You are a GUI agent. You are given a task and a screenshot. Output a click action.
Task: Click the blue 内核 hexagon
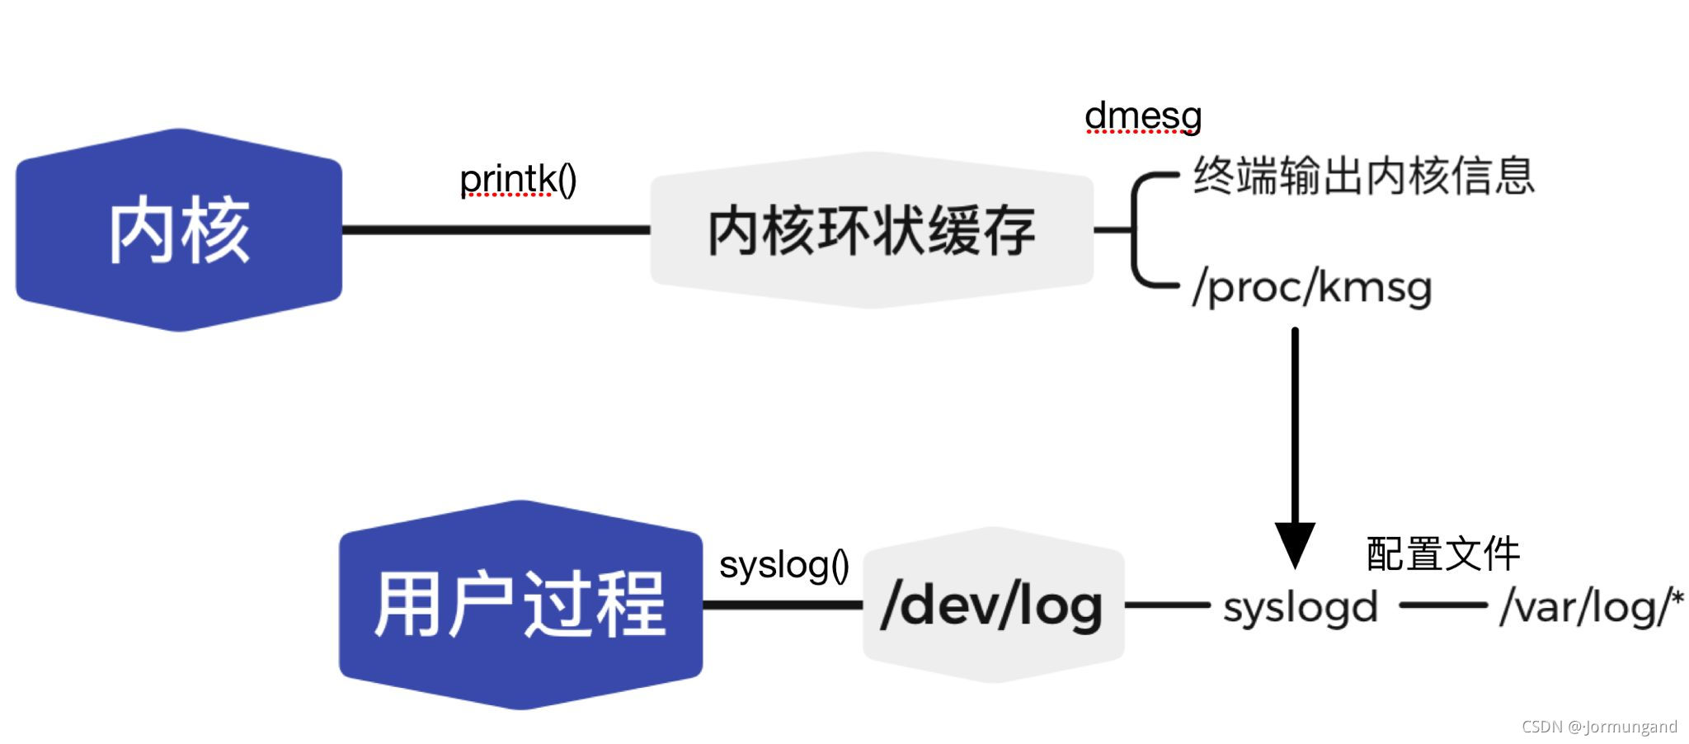[179, 230]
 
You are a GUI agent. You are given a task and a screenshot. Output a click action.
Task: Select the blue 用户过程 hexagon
[520, 605]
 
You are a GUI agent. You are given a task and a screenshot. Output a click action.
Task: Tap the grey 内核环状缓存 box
[872, 230]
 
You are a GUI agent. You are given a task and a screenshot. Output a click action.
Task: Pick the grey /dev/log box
[993, 605]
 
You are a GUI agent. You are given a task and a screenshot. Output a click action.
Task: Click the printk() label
[518, 179]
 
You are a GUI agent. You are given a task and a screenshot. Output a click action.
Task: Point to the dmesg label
[1143, 116]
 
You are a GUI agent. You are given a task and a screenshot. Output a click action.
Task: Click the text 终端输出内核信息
[1363, 176]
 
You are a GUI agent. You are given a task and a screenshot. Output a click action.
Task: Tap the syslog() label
[783, 565]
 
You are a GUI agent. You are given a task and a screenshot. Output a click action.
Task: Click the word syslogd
[1301, 608]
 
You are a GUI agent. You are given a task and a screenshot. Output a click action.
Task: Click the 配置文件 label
[1442, 553]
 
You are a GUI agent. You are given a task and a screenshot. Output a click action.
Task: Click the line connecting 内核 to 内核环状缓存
[496, 230]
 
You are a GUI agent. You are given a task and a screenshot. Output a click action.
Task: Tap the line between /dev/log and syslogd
[1167, 605]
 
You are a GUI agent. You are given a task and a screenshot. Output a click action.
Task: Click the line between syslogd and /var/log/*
[1443, 605]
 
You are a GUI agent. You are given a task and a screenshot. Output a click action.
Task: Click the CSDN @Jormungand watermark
[1599, 727]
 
